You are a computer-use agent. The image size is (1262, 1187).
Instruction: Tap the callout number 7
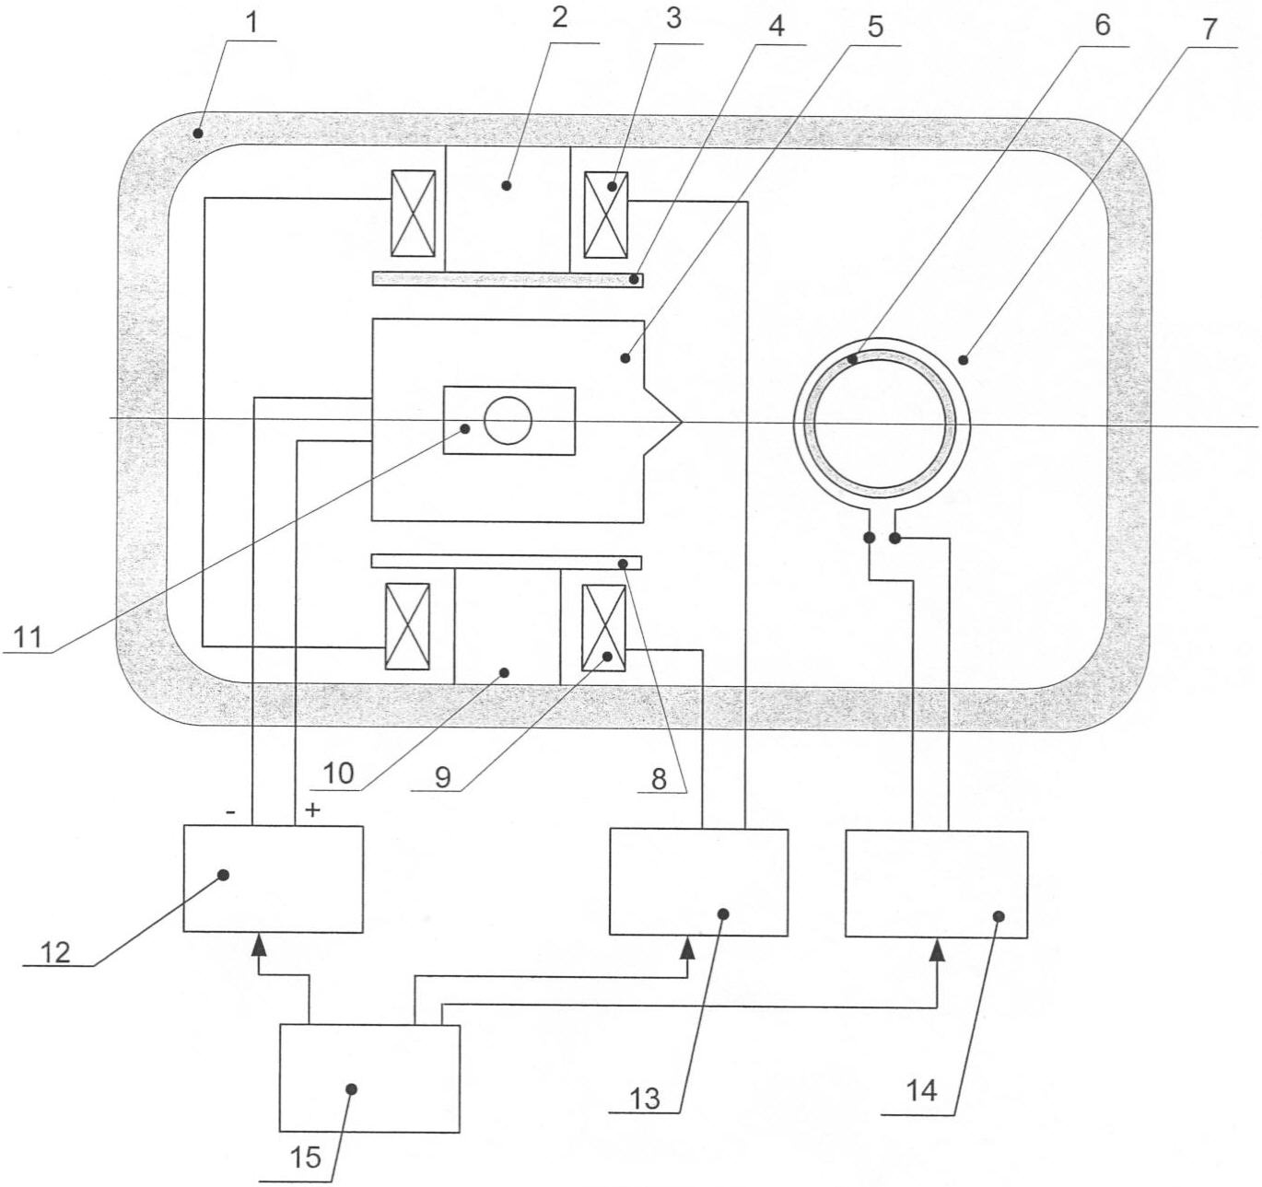(1208, 29)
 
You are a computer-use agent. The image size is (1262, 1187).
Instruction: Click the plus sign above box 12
(313, 810)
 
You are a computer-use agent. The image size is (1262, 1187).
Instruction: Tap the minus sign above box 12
(230, 812)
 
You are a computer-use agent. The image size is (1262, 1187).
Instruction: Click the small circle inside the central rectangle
(508, 422)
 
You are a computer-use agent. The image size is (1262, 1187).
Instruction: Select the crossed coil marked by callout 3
(605, 215)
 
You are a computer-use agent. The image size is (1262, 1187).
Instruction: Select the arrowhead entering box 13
(686, 948)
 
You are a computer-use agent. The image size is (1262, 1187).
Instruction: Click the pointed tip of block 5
(679, 423)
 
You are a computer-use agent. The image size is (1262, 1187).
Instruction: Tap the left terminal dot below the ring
(869, 537)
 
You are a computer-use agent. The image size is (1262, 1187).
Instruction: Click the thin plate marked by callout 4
(507, 279)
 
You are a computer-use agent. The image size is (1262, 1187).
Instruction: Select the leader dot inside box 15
(351, 1088)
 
